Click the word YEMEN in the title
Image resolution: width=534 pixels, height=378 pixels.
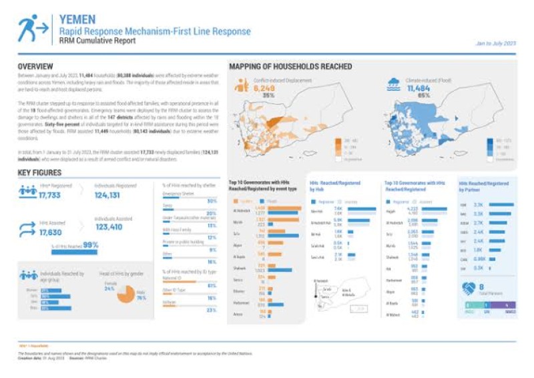[x=77, y=20]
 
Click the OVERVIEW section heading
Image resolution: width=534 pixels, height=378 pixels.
[x=35, y=67]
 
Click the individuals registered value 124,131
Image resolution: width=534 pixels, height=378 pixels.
[x=111, y=196]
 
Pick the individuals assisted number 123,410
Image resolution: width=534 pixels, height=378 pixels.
[x=111, y=228]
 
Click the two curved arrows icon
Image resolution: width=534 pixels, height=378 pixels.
[x=27, y=228]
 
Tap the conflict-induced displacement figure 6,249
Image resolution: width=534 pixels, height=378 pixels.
[x=264, y=88]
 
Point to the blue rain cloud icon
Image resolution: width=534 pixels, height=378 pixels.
[x=394, y=83]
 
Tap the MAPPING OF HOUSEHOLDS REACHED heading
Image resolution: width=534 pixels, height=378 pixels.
[x=290, y=67]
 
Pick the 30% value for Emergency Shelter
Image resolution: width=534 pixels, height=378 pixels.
[x=212, y=200]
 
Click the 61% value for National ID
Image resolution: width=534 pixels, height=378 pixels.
[x=212, y=285]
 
